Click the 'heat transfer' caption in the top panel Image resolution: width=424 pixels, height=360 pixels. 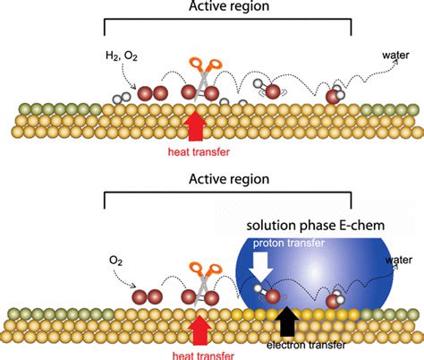click(x=199, y=151)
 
